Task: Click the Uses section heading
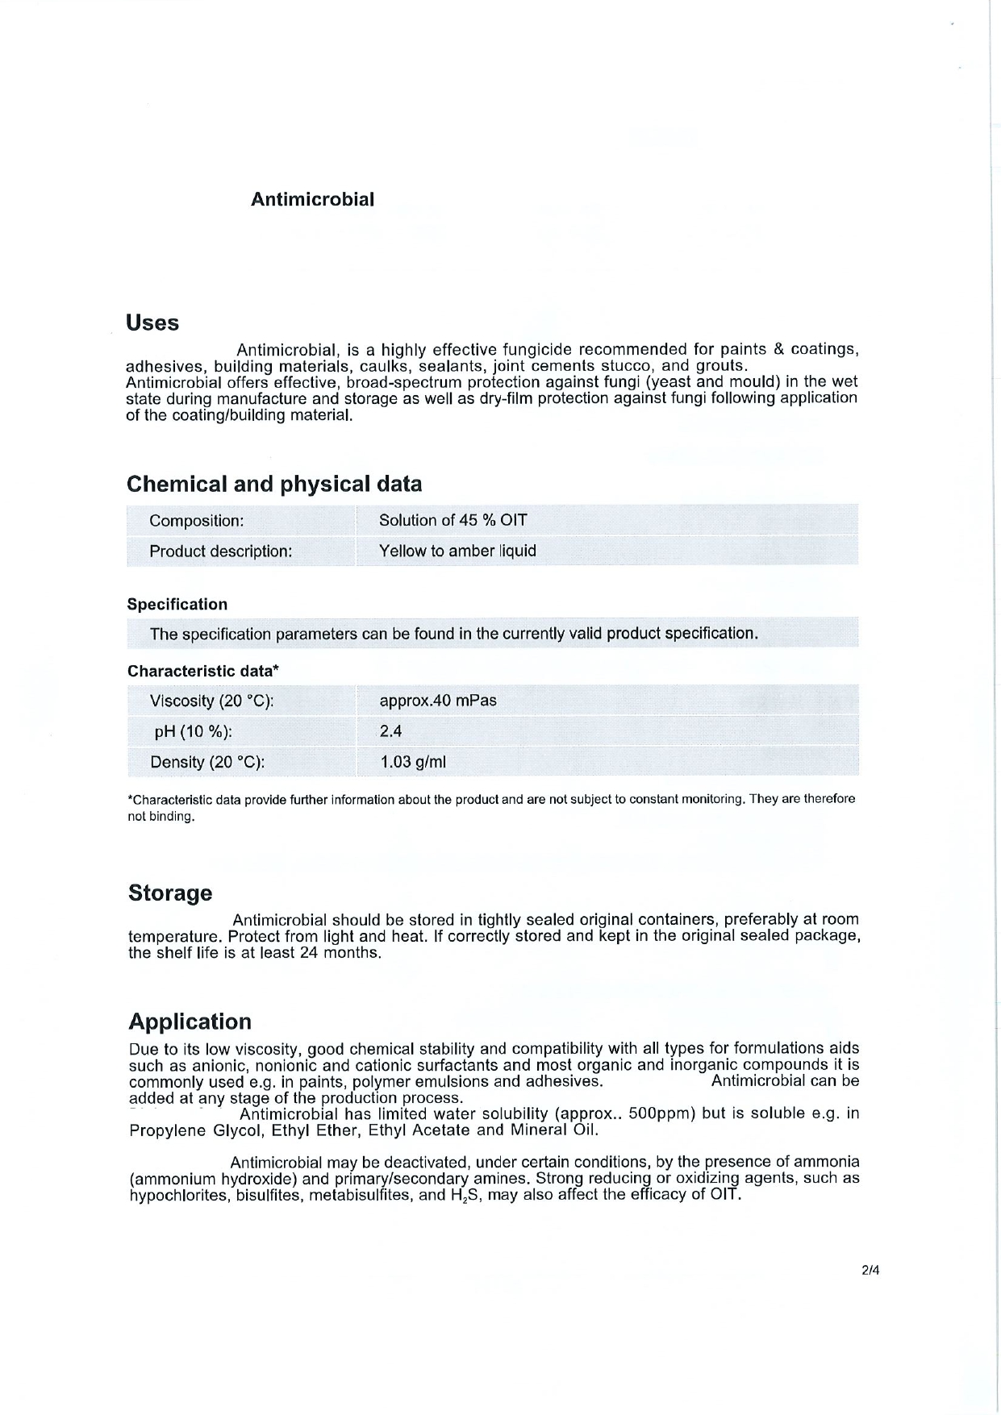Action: (x=152, y=323)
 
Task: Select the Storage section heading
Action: (x=170, y=893)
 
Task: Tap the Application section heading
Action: (x=190, y=1022)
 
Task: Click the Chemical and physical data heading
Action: (x=274, y=484)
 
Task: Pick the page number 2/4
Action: (x=870, y=1271)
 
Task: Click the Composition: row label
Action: (x=196, y=521)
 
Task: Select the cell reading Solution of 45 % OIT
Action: (x=453, y=520)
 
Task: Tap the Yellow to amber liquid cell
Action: (x=457, y=551)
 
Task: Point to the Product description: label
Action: (x=220, y=551)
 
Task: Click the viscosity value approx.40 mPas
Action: (x=438, y=701)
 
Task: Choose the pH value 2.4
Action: (x=390, y=731)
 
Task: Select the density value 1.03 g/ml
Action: (x=413, y=762)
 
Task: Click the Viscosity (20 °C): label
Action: (x=212, y=701)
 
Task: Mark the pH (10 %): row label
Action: (x=194, y=732)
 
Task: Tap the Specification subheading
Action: (x=177, y=605)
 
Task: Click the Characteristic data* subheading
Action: (x=203, y=671)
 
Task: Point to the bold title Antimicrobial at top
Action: (x=312, y=200)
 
